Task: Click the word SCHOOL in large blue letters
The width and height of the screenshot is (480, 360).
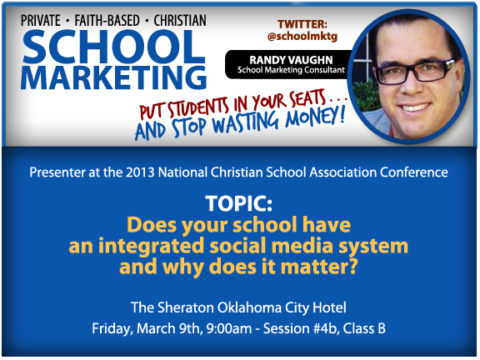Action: click(x=114, y=47)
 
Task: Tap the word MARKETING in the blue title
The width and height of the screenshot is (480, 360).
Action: click(x=114, y=77)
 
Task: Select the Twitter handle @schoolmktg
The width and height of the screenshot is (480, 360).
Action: click(x=302, y=36)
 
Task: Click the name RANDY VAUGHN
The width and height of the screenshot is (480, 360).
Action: click(x=291, y=60)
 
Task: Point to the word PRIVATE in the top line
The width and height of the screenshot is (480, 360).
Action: click(x=40, y=21)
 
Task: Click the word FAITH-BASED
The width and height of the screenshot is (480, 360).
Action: click(x=107, y=21)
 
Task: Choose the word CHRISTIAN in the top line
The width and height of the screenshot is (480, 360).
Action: click(x=180, y=21)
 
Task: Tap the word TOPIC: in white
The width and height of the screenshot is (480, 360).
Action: click(x=239, y=203)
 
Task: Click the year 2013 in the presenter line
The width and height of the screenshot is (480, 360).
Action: click(x=140, y=172)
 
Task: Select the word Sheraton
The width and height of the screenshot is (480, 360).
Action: click(x=186, y=307)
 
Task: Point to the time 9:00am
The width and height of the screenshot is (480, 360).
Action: click(x=229, y=328)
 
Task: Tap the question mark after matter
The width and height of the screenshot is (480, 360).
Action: click(x=353, y=267)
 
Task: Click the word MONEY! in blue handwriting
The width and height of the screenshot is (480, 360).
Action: click(x=315, y=117)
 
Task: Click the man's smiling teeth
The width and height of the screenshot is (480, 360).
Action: click(x=413, y=107)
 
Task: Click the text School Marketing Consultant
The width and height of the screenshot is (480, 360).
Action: click(x=291, y=70)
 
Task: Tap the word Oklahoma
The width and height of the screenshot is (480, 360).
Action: click(x=249, y=307)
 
